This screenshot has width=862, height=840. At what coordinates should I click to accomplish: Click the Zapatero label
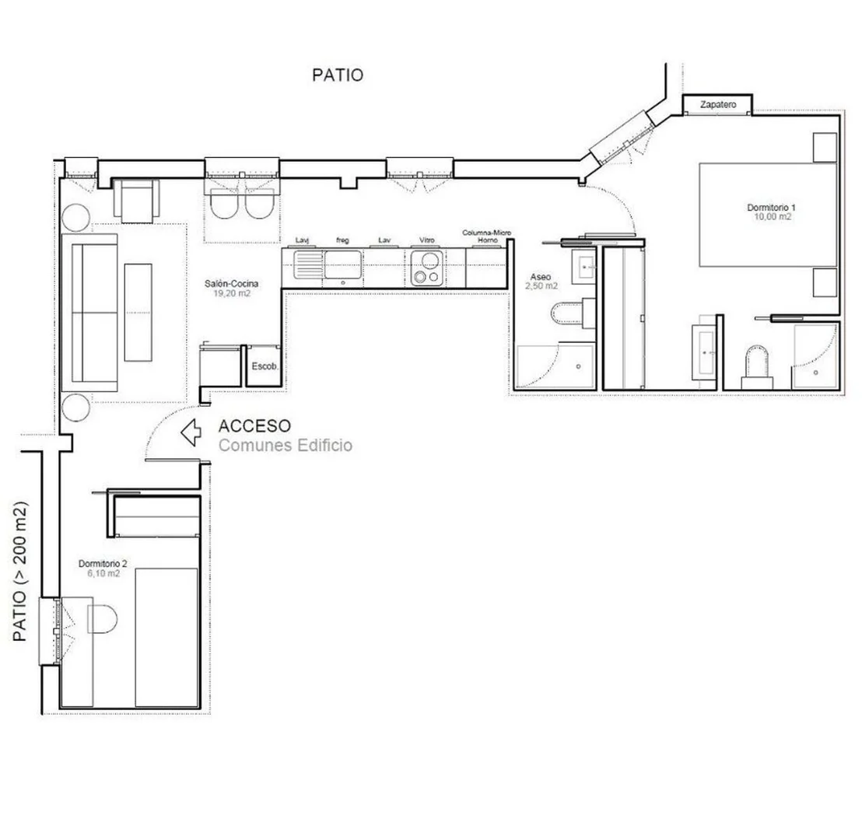717,104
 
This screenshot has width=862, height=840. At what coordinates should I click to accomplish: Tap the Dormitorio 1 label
771,207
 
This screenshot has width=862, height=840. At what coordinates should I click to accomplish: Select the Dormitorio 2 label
103,563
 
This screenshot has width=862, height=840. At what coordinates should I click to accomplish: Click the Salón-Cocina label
231,284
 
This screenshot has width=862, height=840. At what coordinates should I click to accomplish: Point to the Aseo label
541,277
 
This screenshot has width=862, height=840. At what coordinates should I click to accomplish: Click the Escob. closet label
265,366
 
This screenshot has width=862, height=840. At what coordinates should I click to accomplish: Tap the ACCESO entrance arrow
191,432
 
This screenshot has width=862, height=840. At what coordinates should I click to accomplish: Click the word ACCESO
254,426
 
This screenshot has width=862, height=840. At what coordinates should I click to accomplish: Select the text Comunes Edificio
286,445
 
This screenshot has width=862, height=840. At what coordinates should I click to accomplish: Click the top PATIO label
338,75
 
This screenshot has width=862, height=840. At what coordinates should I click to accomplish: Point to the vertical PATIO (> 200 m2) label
19,571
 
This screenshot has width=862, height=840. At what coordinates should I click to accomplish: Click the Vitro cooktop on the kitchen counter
426,268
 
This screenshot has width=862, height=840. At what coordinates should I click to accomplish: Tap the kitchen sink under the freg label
342,265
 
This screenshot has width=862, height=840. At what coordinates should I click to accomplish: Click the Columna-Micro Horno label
486,236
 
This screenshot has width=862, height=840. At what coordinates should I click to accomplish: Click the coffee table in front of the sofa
138,312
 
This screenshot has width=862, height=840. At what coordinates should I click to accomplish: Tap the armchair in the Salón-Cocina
136,201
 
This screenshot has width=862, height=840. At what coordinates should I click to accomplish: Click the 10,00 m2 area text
773,216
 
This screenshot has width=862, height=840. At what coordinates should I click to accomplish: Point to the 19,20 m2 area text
231,293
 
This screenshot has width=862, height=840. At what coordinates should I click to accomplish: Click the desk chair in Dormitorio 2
103,619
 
